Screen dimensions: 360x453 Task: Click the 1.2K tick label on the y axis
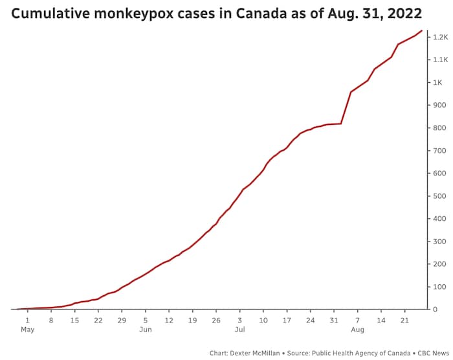tap(441, 38)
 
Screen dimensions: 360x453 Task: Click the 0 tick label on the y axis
tap(437, 309)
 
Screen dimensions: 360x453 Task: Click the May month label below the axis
tap(27, 330)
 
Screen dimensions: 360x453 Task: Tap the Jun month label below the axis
tap(146, 330)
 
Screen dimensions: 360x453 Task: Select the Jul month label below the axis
tap(239, 330)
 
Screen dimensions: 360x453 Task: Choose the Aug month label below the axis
tap(357, 330)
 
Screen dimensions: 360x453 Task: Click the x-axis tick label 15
tap(74, 320)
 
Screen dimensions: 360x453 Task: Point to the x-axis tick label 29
tap(122, 320)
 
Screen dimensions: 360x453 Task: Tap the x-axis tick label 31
tap(334, 320)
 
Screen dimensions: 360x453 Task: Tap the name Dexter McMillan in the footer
tap(261, 354)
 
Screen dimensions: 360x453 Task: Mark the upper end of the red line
tap(422, 30)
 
